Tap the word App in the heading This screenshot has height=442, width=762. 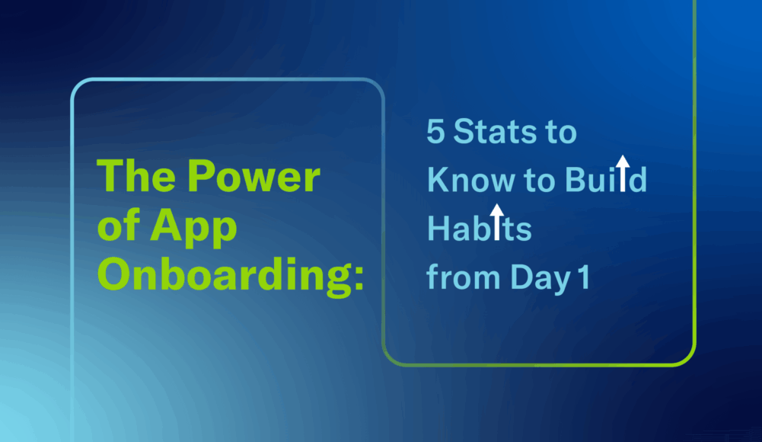(x=194, y=227)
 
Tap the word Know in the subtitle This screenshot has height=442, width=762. (x=464, y=181)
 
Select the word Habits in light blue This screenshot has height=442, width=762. (x=479, y=229)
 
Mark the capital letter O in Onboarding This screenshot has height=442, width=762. (x=113, y=275)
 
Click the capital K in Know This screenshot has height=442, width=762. (x=436, y=181)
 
